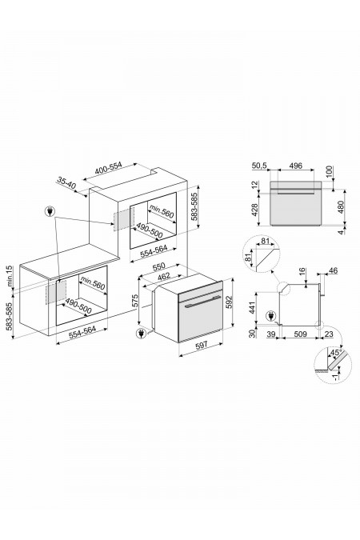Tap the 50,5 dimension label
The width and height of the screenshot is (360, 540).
(258, 167)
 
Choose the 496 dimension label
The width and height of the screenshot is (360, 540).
(294, 167)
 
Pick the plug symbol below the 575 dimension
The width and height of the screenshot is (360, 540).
(142, 332)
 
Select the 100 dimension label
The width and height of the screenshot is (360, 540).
(329, 171)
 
